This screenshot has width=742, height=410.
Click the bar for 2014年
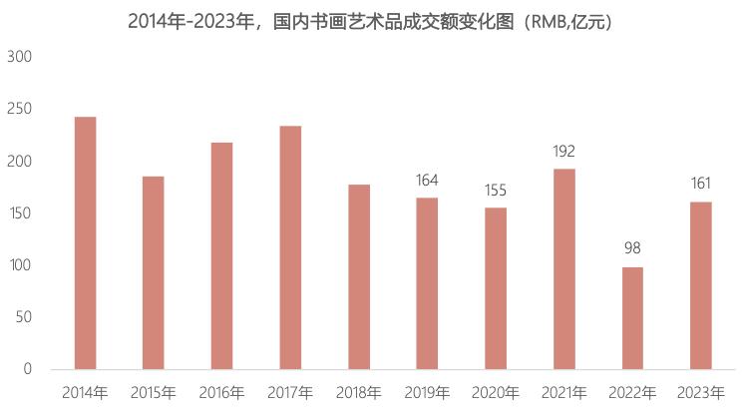[x=85, y=243]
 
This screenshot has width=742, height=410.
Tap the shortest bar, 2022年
[x=632, y=318]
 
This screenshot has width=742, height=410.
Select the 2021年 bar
[x=563, y=269]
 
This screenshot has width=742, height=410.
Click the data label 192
[x=563, y=152]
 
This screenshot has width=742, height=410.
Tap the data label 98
[x=632, y=249]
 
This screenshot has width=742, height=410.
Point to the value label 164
[x=427, y=181]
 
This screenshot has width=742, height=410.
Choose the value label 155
[x=496, y=190]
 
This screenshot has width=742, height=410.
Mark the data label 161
[x=701, y=184]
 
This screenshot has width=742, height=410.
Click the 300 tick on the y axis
[x=21, y=57]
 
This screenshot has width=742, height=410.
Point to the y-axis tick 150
[x=21, y=213]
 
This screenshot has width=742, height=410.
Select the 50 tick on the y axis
[x=25, y=317]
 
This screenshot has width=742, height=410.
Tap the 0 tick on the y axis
[x=28, y=369]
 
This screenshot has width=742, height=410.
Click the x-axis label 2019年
[x=427, y=392]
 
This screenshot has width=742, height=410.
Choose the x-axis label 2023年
[x=701, y=392]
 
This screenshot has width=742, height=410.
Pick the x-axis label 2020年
[x=496, y=392]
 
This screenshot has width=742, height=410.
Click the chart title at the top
[x=370, y=21]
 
